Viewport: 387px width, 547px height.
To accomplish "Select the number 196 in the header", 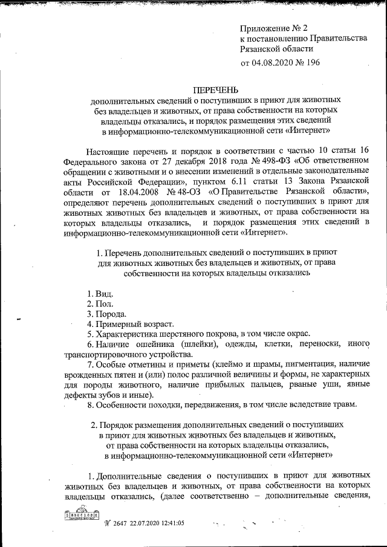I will coord(312,62).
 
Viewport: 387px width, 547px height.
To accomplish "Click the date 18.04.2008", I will coord(135,192).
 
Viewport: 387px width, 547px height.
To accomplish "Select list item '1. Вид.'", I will coord(99,293).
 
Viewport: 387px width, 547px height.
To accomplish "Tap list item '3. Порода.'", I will coord(106,314).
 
